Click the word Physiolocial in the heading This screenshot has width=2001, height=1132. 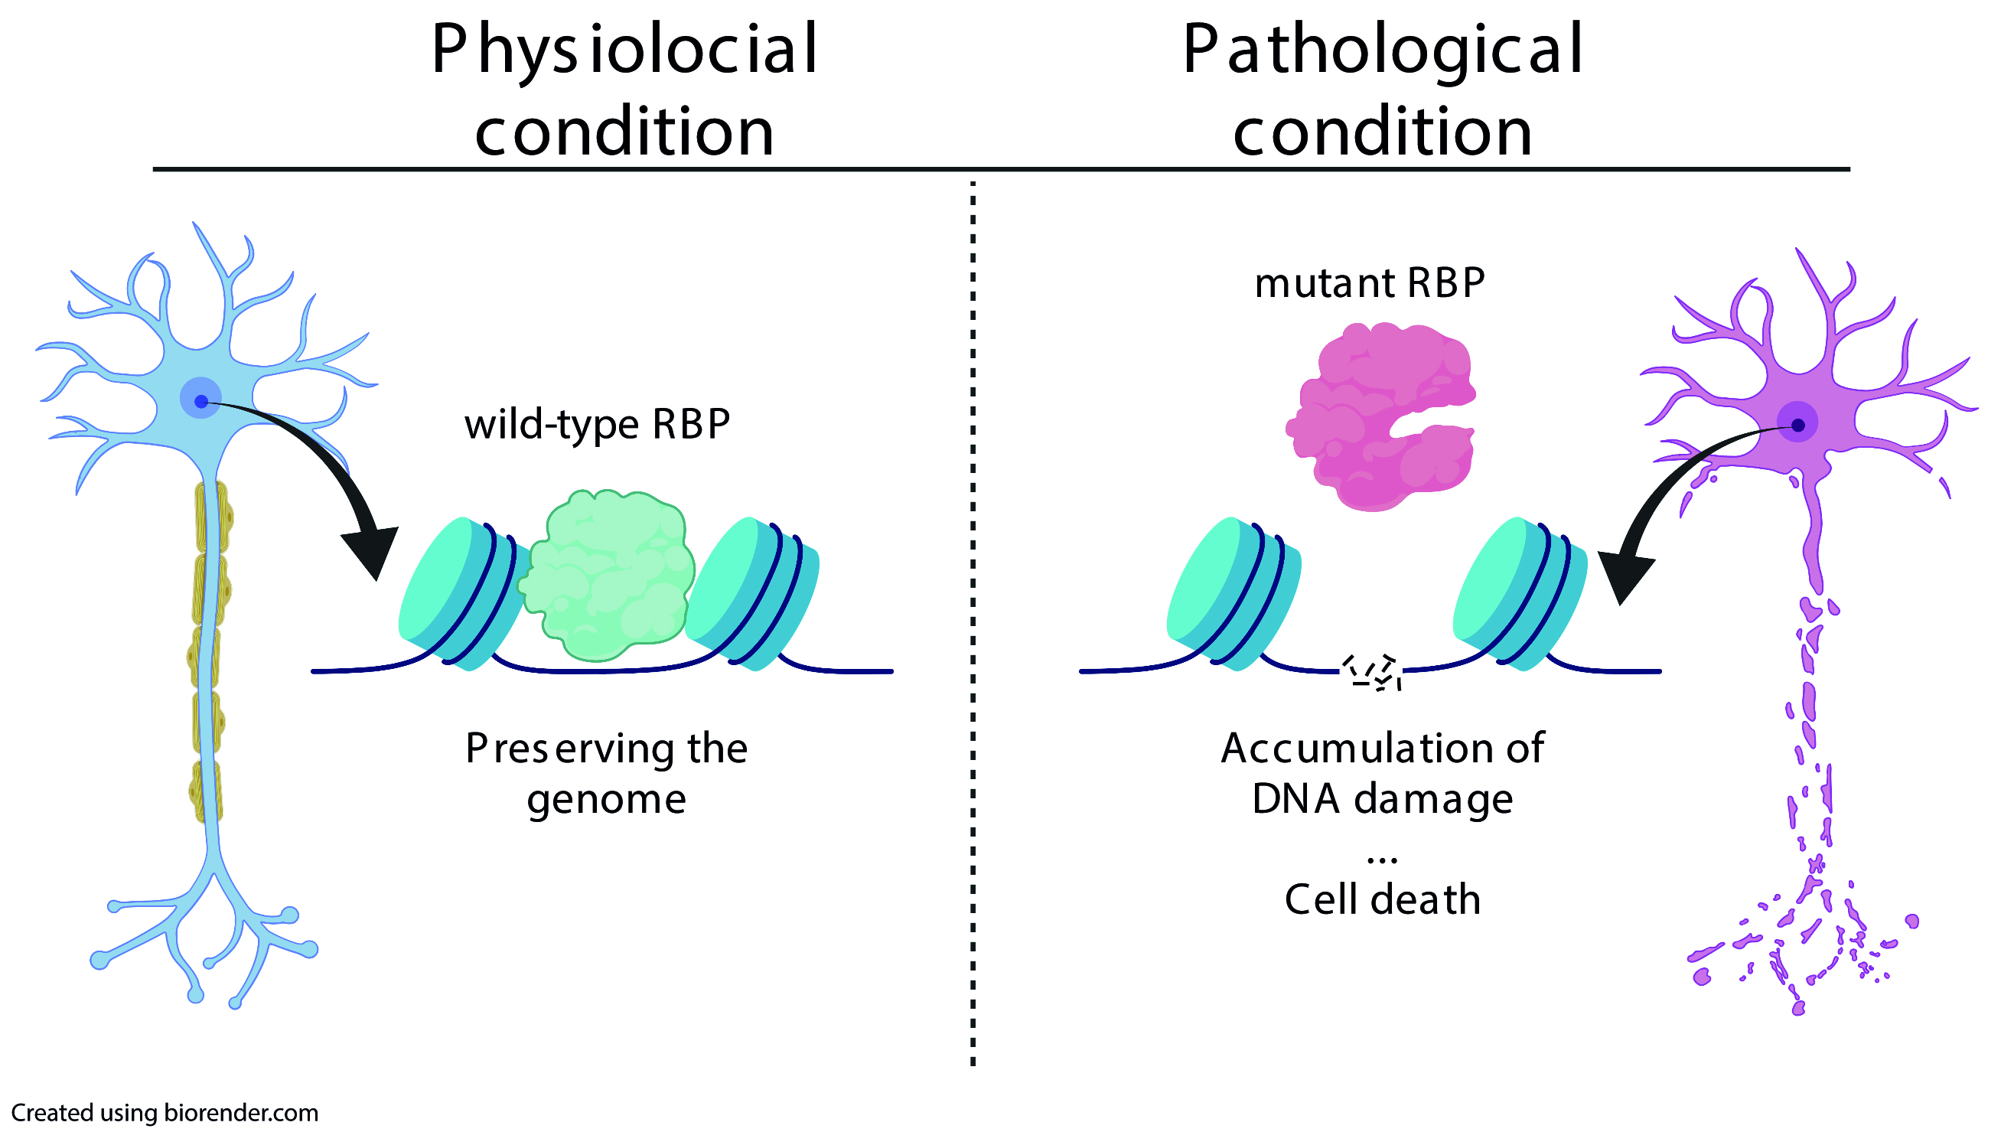[x=624, y=51]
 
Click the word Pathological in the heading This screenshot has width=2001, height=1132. [x=1382, y=51]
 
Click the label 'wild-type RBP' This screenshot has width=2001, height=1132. [x=597, y=425]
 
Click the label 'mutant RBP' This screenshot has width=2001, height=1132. [x=1369, y=283]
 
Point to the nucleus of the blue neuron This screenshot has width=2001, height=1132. [x=201, y=401]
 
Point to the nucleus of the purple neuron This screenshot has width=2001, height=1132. [x=1797, y=426]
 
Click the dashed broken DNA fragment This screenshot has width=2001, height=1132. [x=1372, y=672]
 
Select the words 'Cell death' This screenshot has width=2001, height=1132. [x=1382, y=899]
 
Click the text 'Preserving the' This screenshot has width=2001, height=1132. [x=606, y=749]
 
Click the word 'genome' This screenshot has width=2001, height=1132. [x=606, y=800]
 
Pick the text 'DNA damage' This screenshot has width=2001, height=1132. [x=1382, y=799]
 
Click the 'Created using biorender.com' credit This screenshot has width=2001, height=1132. [x=165, y=1113]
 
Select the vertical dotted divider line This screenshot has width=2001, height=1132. [x=973, y=622]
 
